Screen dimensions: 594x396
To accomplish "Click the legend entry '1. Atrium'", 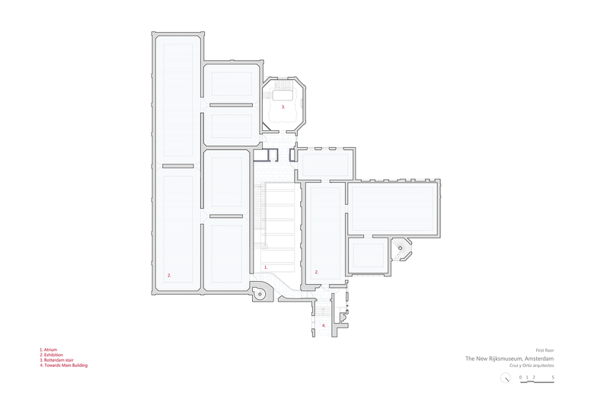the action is click(x=49, y=350).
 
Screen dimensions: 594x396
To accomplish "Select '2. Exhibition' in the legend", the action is click(x=51, y=355).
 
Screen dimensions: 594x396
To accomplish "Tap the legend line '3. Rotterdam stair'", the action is click(x=56, y=360).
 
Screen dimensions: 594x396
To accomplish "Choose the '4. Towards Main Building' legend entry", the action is click(x=64, y=366).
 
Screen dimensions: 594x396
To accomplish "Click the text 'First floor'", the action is click(x=544, y=350).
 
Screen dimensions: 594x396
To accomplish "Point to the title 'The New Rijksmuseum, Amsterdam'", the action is click(x=509, y=359).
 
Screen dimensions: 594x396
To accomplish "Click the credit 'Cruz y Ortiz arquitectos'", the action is click(x=532, y=366).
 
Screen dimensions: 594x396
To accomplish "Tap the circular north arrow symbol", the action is click(x=506, y=378).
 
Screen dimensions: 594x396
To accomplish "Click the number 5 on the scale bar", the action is click(x=553, y=378).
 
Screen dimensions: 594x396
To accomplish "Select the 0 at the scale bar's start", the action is click(x=520, y=378).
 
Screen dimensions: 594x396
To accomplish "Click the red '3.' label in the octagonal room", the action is click(x=283, y=107).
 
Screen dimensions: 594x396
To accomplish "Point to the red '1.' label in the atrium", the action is click(x=266, y=267).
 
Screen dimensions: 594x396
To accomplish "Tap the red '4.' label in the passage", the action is click(x=324, y=325).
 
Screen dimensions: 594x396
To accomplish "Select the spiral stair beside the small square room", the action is click(x=400, y=248).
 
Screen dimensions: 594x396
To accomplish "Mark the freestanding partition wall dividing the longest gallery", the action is click(x=178, y=166).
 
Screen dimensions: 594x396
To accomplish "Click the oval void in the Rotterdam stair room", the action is click(x=283, y=94).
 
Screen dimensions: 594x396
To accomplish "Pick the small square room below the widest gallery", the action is click(x=368, y=254).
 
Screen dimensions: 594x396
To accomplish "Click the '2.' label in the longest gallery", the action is click(x=169, y=276).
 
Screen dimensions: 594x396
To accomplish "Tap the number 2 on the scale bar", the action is click(x=534, y=378).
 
